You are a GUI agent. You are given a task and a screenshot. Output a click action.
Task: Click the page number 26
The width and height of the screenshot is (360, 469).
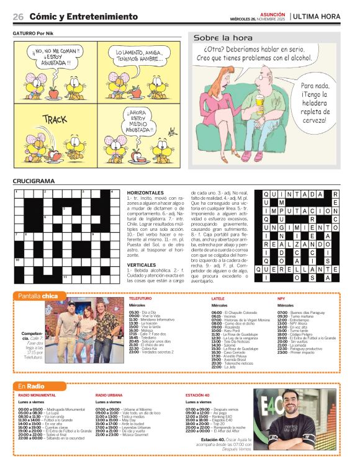(x=18, y=16)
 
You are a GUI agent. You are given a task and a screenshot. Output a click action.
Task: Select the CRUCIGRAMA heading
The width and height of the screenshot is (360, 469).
(x=34, y=181)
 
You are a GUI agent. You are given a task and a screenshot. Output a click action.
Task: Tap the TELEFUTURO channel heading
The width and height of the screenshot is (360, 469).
(x=140, y=298)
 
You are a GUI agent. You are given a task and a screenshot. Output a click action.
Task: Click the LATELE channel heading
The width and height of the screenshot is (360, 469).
(x=218, y=298)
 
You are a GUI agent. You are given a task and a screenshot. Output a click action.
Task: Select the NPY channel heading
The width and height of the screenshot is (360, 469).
(x=281, y=298)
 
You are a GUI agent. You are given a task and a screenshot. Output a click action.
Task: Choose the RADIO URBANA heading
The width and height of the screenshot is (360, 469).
(x=109, y=395)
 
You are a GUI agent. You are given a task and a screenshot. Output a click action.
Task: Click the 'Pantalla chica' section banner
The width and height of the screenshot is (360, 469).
(x=38, y=296)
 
